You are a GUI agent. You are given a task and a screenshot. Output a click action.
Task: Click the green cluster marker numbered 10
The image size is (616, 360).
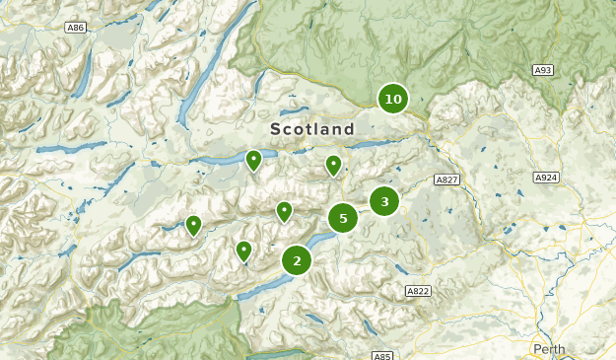point(393,99)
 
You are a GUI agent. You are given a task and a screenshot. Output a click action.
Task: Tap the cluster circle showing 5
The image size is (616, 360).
point(343,218)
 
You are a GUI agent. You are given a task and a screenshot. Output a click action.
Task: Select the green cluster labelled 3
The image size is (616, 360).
point(384,201)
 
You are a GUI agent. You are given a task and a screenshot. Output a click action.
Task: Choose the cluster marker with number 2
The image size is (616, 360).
point(297,260)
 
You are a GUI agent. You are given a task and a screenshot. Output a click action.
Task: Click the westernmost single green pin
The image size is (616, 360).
point(193,225)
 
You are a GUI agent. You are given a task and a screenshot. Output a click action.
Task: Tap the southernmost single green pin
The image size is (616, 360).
point(243,251)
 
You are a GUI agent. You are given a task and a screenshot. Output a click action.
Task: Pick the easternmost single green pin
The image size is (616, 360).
point(334,164)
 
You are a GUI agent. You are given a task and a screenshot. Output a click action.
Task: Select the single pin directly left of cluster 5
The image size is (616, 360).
point(284,210)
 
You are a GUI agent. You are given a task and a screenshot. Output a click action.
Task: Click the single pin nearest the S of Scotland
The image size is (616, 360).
point(253,159)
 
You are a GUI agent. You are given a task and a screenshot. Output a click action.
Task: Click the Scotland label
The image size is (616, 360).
point(311,130)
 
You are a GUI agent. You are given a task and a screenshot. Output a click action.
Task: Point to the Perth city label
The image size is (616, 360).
point(550,349)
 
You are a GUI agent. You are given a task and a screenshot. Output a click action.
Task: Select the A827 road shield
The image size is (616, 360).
point(446,180)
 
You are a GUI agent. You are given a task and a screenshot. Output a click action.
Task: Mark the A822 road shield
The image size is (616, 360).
point(418,291)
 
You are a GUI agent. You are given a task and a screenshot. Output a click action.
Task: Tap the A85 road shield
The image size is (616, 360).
point(382,355)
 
